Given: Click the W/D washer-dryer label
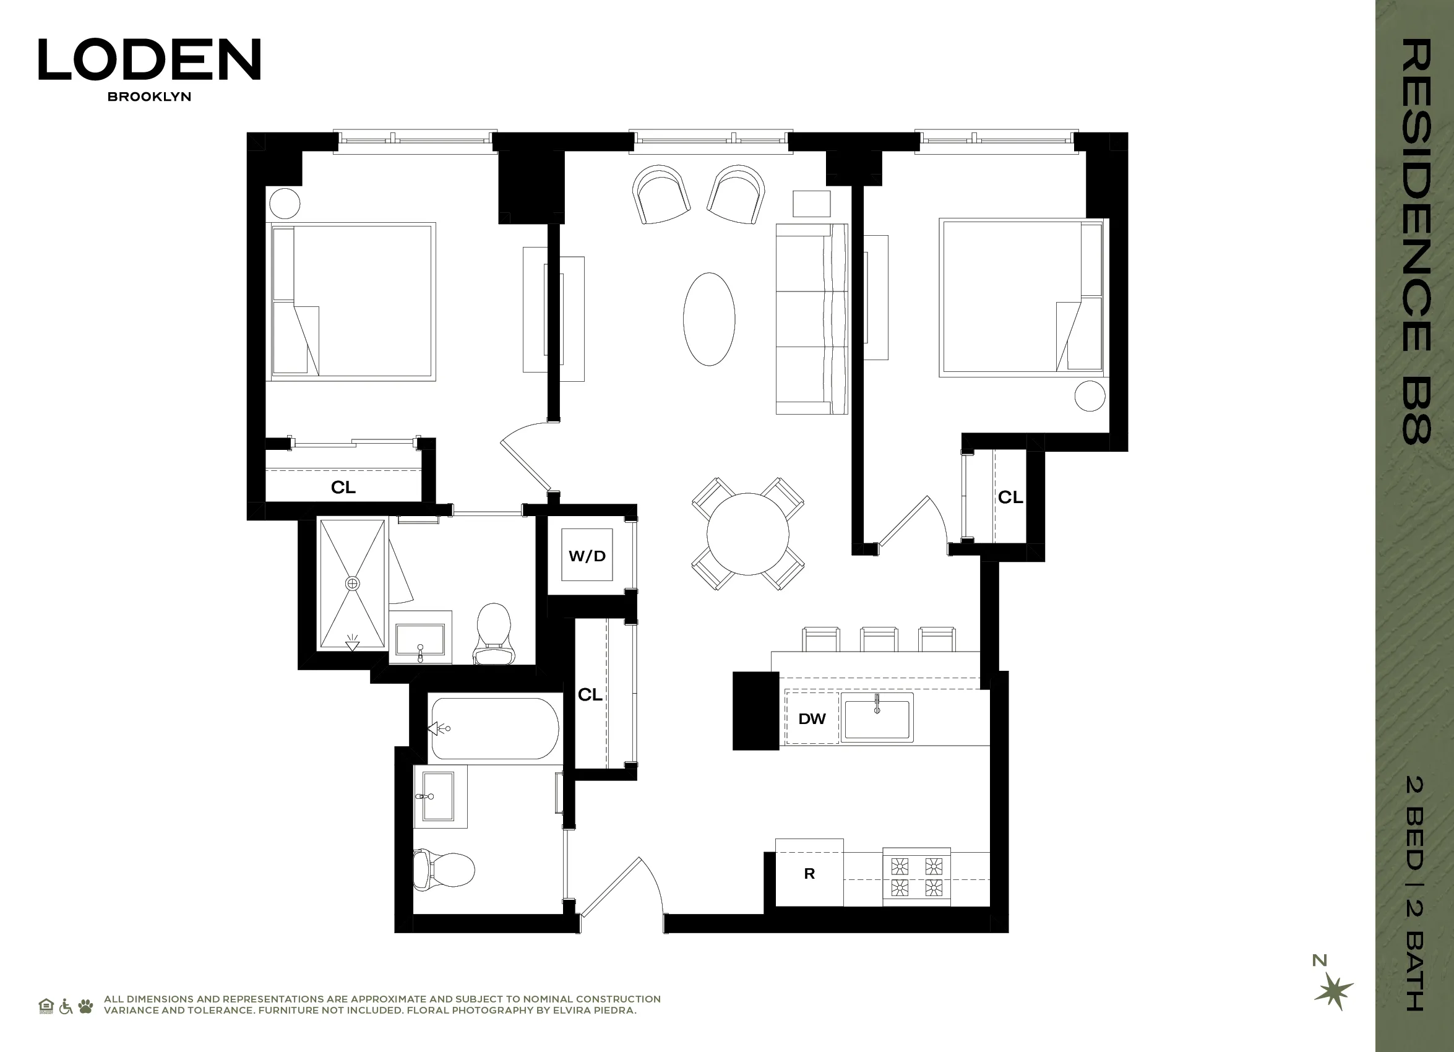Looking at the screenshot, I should pos(587,556).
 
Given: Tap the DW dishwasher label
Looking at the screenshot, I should pos(812,718).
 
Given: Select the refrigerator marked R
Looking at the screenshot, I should pos(809,873).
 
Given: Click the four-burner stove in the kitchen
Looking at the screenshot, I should pos(916,877).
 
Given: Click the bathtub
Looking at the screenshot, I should pos(494,729).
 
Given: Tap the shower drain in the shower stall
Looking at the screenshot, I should pos(352,584).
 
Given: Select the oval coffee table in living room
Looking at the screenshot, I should pos(709,319).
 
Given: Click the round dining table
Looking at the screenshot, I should pos(747,534).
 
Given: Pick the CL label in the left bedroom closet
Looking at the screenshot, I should pos(343,487).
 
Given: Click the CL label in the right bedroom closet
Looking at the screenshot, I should pos(1010,497).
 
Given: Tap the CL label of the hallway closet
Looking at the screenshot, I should pos(590,694).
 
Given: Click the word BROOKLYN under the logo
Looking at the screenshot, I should pos(149,97).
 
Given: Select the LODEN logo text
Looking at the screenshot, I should pos(149,59).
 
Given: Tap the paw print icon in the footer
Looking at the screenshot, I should pos(85,1006).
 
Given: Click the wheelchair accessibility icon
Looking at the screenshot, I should pos(66,1006).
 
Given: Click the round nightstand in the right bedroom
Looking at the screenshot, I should pos(1089,395).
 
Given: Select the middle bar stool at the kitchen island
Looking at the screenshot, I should pos(879,640).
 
